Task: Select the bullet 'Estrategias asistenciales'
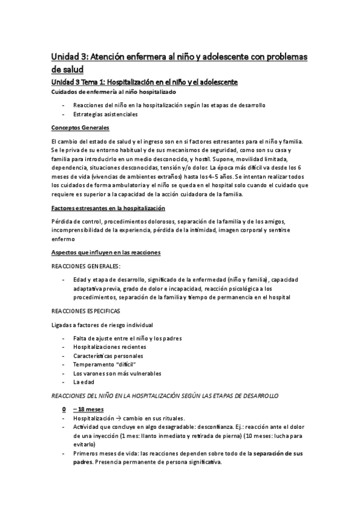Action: tap(105, 114)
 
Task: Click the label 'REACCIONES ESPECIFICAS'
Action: tap(86, 312)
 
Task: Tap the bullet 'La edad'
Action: tap(82, 382)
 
